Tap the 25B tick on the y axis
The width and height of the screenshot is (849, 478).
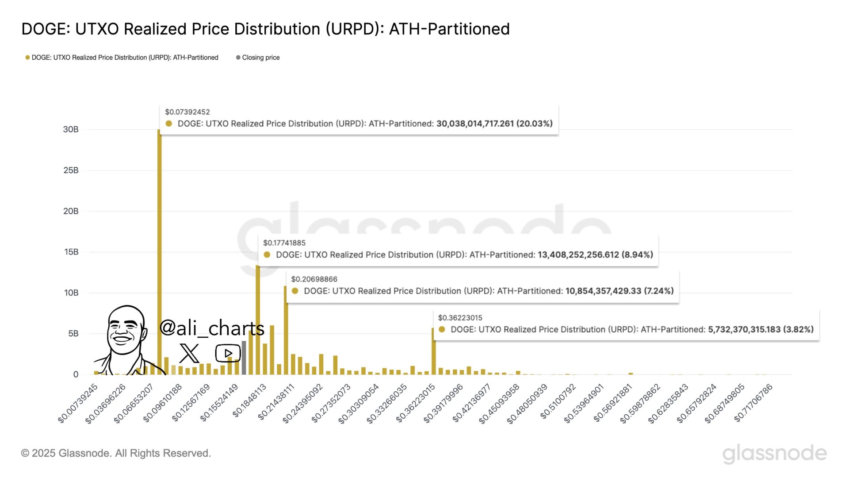pos(71,170)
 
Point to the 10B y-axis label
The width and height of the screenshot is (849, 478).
pos(71,293)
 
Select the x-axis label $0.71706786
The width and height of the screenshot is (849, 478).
pos(753,403)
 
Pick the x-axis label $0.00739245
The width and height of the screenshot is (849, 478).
pos(78,404)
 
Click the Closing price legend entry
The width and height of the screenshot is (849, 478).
pos(260,58)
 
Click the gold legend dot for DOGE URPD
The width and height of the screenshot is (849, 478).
pos(27,58)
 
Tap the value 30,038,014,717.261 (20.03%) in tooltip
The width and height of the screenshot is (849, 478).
pos(494,123)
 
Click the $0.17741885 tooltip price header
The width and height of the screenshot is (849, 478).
pos(284,243)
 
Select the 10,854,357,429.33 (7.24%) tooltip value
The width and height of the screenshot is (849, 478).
pos(619,291)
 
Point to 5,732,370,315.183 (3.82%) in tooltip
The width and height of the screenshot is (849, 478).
pos(760,329)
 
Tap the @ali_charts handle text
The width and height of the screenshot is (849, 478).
pos(211,328)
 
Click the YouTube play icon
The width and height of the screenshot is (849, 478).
pos(228,353)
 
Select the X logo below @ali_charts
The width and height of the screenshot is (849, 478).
pos(189,353)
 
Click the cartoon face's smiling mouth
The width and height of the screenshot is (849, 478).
pos(122,341)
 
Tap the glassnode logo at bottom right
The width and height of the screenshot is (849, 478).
pos(774,454)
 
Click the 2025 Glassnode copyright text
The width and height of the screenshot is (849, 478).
pos(116,453)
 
